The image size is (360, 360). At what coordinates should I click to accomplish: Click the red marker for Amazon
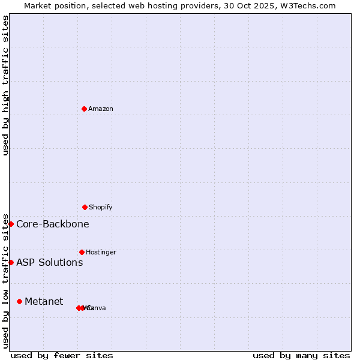coord(85,109)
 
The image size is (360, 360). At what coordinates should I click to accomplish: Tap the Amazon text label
coord(101,109)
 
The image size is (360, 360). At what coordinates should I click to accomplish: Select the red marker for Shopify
coord(85,207)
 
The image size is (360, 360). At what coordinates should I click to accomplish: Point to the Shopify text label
coord(101,207)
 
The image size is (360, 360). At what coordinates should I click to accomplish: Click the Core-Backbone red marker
coord(11,224)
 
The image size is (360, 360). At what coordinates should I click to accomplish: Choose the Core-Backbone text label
coord(53,224)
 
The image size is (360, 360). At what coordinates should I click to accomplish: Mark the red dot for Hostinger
coord(82,252)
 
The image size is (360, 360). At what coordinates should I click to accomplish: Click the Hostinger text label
coord(101,252)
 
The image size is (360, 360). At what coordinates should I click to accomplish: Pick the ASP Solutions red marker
coord(11,262)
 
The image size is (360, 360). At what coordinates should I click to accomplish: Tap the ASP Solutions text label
coord(50,262)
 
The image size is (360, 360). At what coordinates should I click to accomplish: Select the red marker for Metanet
coord(20,301)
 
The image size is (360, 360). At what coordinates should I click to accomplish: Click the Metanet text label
coord(44,301)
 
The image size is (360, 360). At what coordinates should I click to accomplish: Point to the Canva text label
coord(97,308)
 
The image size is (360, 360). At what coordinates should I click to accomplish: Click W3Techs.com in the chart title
coord(309,5)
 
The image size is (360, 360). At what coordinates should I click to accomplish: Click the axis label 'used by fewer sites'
coord(62,355)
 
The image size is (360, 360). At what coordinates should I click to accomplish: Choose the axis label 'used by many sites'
coord(301,355)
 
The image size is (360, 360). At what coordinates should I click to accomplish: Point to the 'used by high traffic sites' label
coord(6,85)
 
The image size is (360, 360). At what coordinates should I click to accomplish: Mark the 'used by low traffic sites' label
coord(6,281)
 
